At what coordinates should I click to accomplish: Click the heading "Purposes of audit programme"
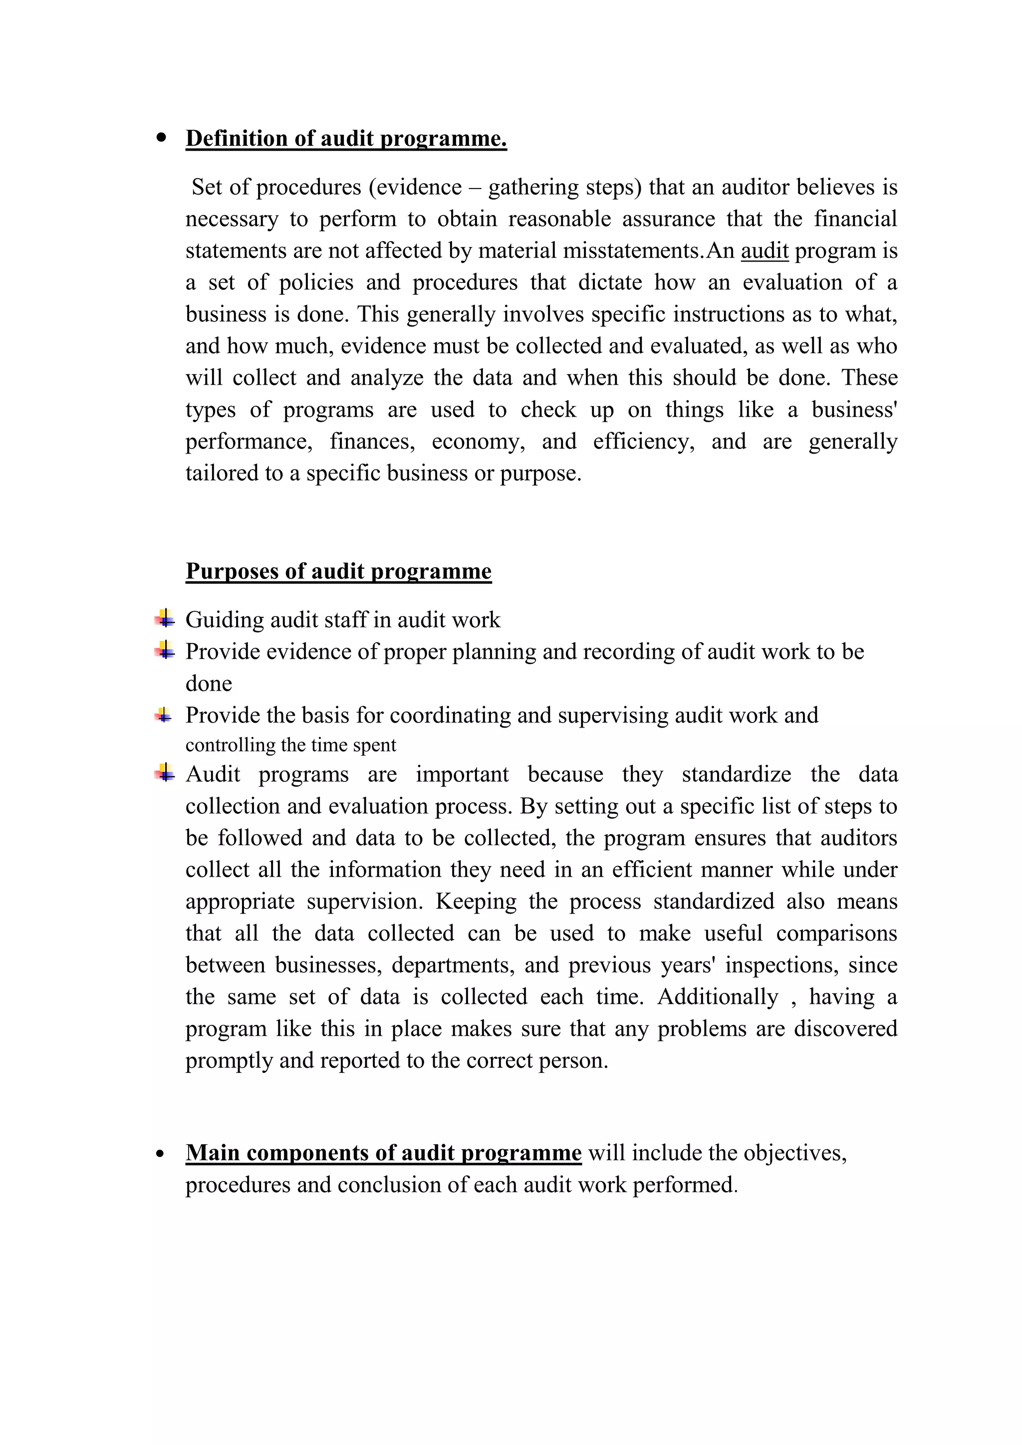tap(338, 571)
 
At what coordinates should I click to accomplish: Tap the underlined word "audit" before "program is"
tap(764, 250)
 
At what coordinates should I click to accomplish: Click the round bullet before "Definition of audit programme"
tap(162, 137)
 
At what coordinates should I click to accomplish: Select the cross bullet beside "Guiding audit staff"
tap(165, 619)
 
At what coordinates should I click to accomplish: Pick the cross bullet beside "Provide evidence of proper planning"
tap(165, 650)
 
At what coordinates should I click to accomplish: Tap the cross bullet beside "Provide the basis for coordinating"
tap(164, 715)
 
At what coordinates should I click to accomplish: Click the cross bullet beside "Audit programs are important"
tap(165, 773)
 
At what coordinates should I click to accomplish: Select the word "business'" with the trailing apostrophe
tap(854, 410)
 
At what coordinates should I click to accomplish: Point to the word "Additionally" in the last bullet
tap(718, 997)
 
